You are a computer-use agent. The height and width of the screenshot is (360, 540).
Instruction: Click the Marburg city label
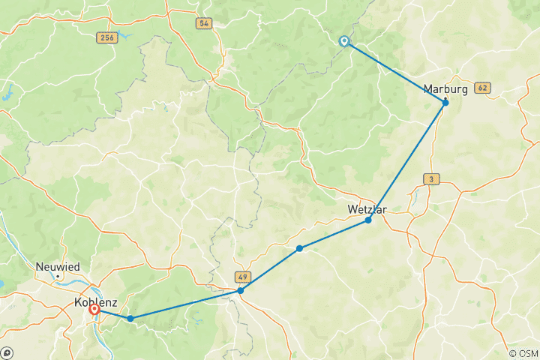[445, 89]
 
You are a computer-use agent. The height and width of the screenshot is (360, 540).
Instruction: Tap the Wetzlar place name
[367, 209]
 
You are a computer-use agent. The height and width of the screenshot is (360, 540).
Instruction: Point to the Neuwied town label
[58, 266]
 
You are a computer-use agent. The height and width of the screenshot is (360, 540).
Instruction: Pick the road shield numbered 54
[203, 23]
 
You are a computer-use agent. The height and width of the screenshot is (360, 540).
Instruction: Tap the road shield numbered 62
[482, 88]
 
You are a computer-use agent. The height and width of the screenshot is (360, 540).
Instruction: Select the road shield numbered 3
[431, 178]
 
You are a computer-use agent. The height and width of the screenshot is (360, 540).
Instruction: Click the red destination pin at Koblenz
[94, 308]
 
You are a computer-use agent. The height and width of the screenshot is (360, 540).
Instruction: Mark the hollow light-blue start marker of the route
[344, 42]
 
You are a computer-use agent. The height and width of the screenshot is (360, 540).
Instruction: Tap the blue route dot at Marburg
[445, 103]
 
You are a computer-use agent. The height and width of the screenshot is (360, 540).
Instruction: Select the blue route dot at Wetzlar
[368, 220]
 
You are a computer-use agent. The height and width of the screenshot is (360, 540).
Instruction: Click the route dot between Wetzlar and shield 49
[299, 248]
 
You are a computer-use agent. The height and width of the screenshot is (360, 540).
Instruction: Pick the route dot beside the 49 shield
[240, 290]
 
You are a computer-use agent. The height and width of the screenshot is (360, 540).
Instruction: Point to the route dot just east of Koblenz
[130, 319]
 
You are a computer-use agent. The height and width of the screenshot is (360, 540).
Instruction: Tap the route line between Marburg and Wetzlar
[406, 162]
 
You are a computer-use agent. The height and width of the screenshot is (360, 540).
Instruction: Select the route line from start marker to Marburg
[394, 72]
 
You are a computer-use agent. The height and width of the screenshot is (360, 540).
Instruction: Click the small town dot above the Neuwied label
[58, 276]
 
